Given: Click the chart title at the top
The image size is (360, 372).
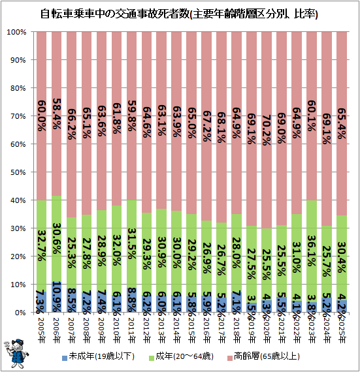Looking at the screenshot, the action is click(179, 14).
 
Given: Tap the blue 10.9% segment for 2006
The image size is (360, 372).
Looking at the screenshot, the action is click(57, 297).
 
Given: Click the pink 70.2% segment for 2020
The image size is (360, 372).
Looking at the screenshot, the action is click(267, 130).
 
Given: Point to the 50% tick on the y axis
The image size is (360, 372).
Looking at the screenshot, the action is click(18, 172).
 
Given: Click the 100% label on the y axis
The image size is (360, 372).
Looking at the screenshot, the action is click(16, 32).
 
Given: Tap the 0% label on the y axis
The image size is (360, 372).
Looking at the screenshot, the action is click(20, 313).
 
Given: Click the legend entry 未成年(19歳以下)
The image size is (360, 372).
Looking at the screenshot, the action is click(98, 356).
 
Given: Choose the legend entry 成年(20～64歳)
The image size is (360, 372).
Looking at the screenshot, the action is click(181, 356).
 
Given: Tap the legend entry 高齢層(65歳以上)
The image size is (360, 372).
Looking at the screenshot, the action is click(263, 356).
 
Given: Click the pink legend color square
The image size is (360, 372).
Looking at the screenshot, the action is click(229, 358).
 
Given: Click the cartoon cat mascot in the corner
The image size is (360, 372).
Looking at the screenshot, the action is click(16, 354).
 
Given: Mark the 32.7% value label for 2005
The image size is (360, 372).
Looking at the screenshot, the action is click(41, 245).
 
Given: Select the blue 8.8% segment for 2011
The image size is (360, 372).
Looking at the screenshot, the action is click(131, 300).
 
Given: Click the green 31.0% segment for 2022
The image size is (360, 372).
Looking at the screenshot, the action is click(297, 257).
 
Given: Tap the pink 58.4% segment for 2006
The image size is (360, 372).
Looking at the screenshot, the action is click(57, 114).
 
